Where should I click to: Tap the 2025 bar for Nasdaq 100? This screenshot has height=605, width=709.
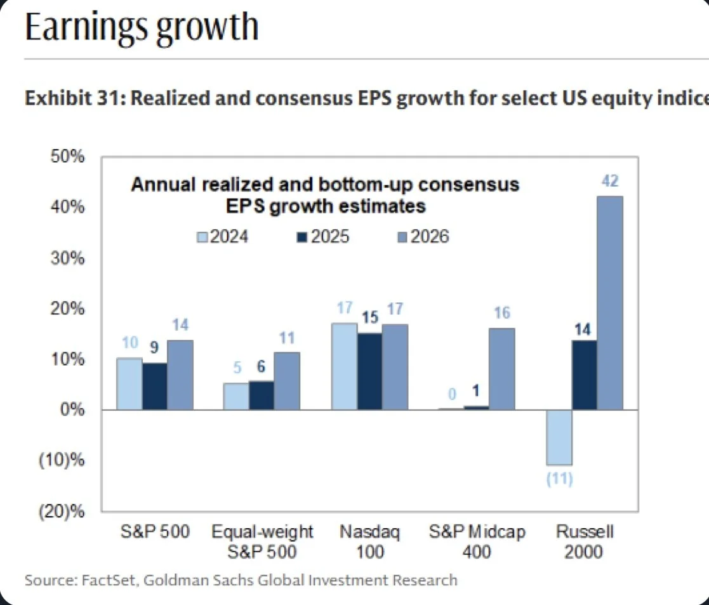pos(369,371)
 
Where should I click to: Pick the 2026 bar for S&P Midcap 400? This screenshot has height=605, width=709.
pos(501,369)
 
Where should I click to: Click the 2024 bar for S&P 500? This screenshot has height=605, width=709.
pos(129,383)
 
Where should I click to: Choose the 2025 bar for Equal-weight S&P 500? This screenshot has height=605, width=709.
pos(262,395)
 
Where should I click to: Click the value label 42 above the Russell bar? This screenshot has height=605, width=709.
pos(610,182)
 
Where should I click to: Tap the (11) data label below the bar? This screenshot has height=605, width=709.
pos(560,479)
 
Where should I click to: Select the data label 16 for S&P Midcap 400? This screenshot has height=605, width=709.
pos(501,313)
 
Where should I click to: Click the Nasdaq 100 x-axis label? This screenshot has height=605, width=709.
pos(369,542)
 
